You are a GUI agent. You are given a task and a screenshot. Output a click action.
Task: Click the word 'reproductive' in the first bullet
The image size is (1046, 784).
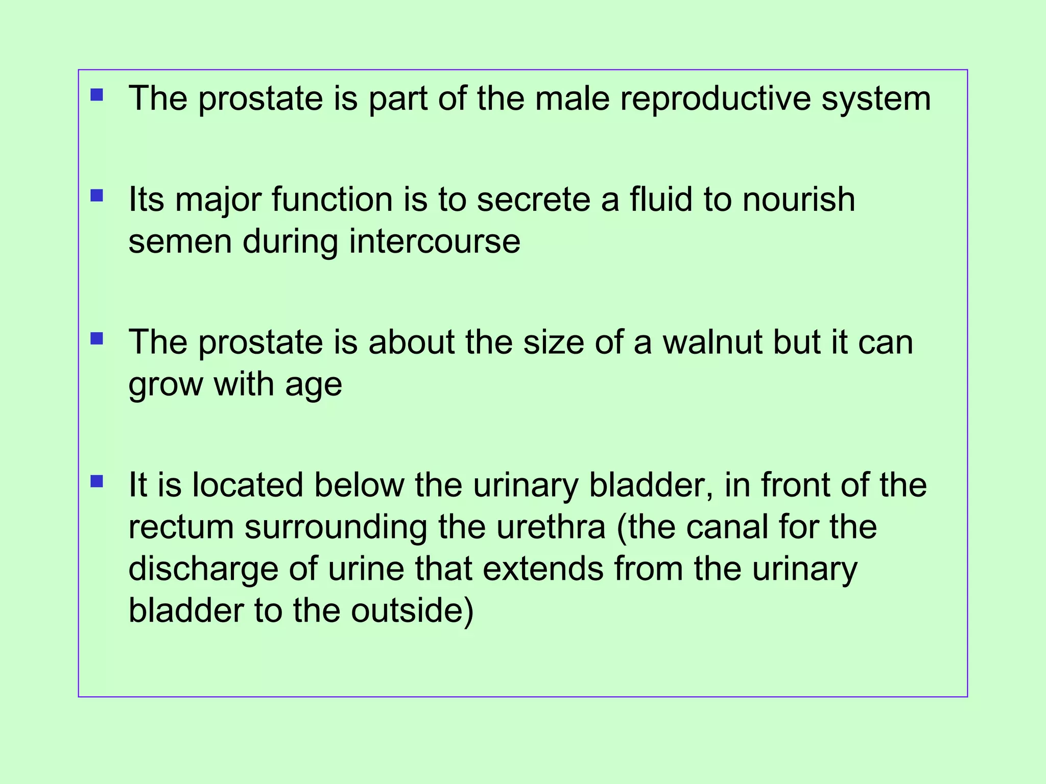click(x=715, y=98)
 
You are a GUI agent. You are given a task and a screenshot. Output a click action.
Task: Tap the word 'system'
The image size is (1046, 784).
click(x=876, y=98)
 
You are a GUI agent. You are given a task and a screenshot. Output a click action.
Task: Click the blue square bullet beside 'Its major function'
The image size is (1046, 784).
click(x=97, y=196)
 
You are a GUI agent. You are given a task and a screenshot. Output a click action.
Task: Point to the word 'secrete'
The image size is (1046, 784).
click(x=533, y=199)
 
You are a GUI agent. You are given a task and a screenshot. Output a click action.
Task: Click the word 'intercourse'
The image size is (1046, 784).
click(x=435, y=241)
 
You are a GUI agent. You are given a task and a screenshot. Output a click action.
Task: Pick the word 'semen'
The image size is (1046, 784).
click(x=180, y=241)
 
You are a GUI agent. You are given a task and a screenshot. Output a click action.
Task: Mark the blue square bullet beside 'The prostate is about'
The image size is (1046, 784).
click(x=97, y=339)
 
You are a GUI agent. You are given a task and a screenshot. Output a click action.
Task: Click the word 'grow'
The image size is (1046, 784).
click(x=165, y=384)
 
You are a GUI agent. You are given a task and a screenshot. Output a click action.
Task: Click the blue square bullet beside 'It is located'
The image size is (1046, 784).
click(x=97, y=481)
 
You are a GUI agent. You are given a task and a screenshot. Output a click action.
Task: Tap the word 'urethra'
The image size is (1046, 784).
click(x=551, y=527)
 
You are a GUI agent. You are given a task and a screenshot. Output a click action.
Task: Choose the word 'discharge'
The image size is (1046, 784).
click(x=203, y=569)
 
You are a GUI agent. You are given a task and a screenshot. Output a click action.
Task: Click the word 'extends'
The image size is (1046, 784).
click(x=543, y=569)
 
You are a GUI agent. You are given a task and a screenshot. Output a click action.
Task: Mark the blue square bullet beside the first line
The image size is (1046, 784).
click(x=97, y=95)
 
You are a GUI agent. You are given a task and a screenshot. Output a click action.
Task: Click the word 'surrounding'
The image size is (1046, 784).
click(x=336, y=527)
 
